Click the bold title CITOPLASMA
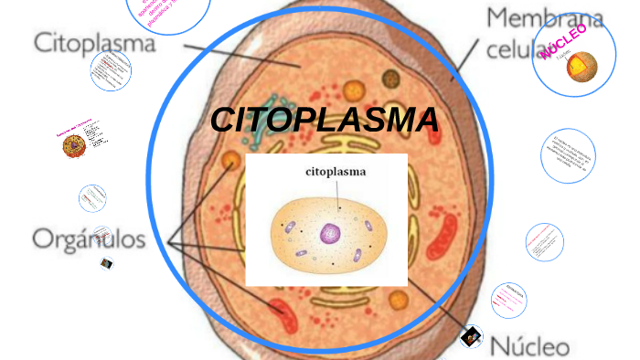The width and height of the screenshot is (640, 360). point(324,120)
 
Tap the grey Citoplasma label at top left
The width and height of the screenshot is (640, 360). point(95,43)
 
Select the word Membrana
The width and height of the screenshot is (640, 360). point(544,17)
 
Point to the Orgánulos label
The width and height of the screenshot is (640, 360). point(89,239)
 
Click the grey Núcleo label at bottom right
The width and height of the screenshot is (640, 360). point(530,346)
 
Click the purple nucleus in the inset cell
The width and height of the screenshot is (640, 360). point(327,235)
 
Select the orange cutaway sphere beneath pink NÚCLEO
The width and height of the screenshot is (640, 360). point(581,67)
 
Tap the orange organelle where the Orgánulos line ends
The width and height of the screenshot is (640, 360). point(229,162)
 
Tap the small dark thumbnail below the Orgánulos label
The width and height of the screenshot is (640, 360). point(107,263)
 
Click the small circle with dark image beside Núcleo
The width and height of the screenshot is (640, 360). point(472,337)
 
